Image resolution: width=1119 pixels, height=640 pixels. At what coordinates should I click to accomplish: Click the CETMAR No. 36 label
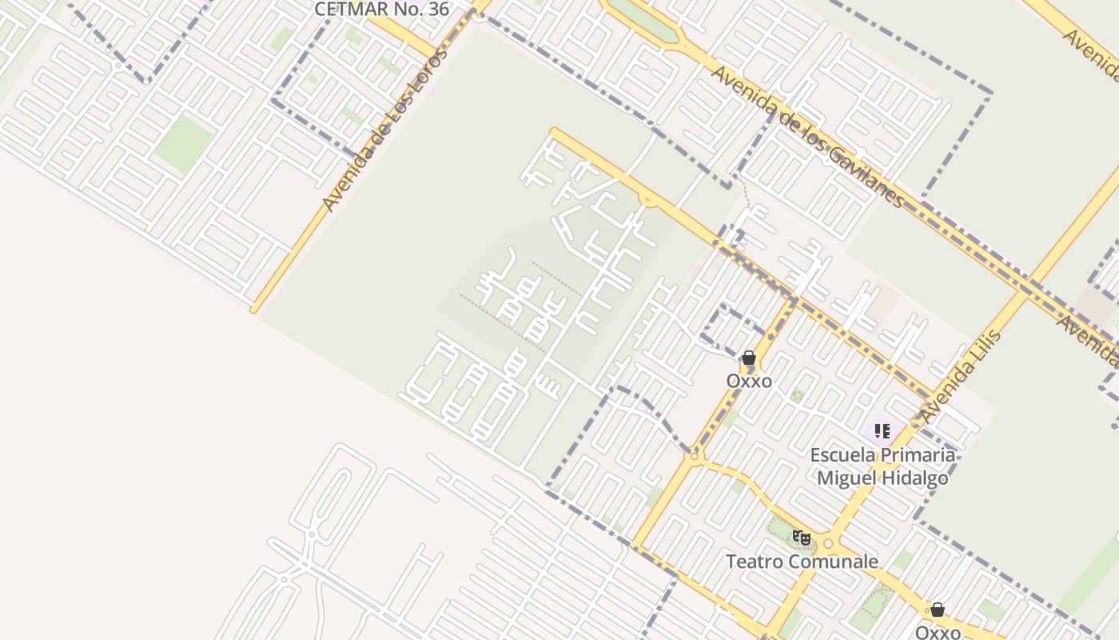[x=381, y=9]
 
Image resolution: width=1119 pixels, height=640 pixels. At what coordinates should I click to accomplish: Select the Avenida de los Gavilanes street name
[x=807, y=136]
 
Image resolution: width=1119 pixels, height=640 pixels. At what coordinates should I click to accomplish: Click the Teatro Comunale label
[x=801, y=562]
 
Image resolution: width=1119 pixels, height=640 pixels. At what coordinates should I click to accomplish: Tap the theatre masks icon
[x=801, y=538]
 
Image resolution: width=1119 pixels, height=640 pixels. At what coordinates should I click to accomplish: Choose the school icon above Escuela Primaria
[x=882, y=432]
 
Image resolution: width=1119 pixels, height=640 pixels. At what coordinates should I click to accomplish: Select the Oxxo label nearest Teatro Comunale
[x=938, y=633]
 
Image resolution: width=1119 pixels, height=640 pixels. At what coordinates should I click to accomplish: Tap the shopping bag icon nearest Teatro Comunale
[x=938, y=610]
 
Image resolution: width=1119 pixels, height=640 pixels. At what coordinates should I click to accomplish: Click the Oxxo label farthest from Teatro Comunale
[x=749, y=381]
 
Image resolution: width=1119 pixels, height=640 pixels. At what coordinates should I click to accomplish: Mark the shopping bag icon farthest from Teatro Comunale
[x=749, y=358]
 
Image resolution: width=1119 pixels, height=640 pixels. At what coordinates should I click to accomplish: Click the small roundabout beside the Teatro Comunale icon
[x=828, y=544]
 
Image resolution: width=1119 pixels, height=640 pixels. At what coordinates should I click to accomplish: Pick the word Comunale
[x=834, y=562]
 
